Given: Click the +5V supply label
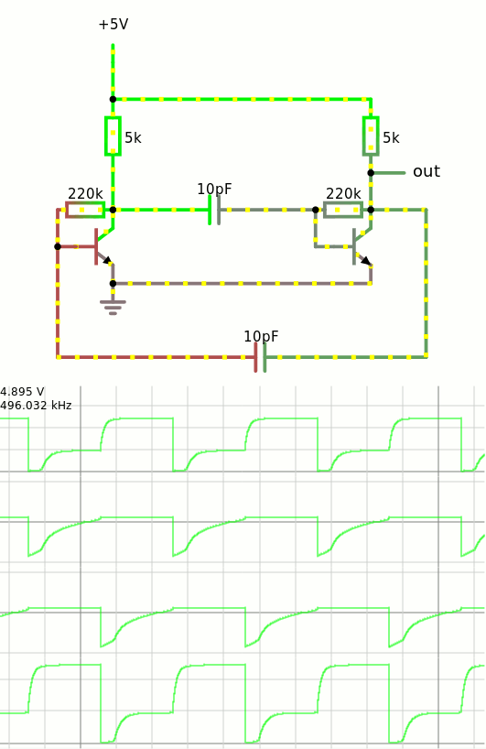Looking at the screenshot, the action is point(113,25).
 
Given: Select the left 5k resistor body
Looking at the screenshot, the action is point(113,136).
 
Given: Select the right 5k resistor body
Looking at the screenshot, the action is point(371,136).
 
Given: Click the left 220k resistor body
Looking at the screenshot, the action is point(85,210).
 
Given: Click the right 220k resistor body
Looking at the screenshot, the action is point(343,210).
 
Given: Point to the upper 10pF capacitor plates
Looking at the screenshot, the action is point(214,210).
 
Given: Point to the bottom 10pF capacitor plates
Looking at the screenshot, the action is point(260,357).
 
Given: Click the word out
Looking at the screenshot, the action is point(427,171).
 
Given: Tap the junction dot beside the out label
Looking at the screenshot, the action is point(371,173).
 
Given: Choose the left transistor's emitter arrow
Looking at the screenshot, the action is point(108,260).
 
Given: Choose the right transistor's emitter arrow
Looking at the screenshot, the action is point(366,261).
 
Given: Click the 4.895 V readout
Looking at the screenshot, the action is point(23,392).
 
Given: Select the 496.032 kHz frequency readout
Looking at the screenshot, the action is point(36,406).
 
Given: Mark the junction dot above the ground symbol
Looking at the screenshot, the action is point(113,284).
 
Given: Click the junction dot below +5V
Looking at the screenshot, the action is point(113,100).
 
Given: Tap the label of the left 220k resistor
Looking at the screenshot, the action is point(85,193).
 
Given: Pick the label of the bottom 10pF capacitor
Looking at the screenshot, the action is point(261,336).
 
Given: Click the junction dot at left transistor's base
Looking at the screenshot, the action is point(58,246).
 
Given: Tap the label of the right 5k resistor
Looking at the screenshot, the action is point(391,137).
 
